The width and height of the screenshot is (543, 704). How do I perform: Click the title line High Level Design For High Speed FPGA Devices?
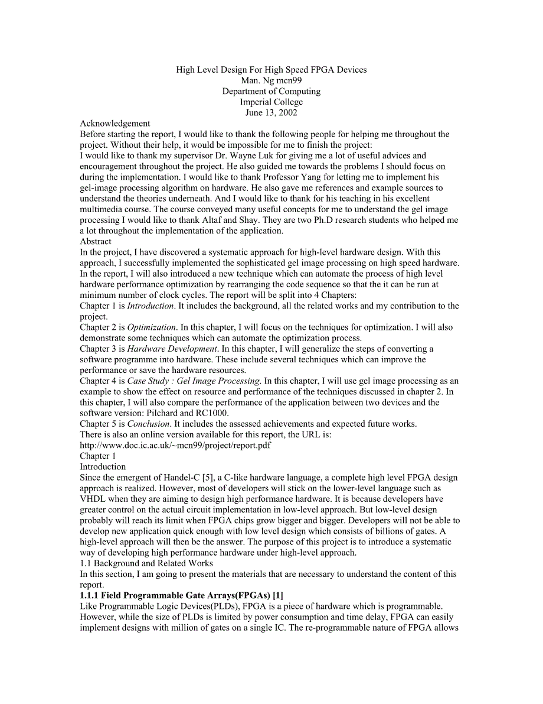pyautogui.click(x=271, y=70)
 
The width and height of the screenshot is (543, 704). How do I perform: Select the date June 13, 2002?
pyautogui.click(x=271, y=113)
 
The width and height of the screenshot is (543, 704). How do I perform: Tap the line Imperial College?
pyautogui.click(x=271, y=102)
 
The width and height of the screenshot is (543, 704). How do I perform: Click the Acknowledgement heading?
pyautogui.click(x=115, y=124)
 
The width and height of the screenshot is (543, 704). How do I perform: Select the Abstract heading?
pyautogui.click(x=96, y=242)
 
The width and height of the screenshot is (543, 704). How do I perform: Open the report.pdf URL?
pyautogui.click(x=175, y=446)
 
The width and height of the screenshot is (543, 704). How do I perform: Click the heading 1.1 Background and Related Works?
pyautogui.click(x=146, y=563)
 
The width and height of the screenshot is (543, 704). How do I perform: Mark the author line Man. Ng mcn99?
pyautogui.click(x=271, y=80)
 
